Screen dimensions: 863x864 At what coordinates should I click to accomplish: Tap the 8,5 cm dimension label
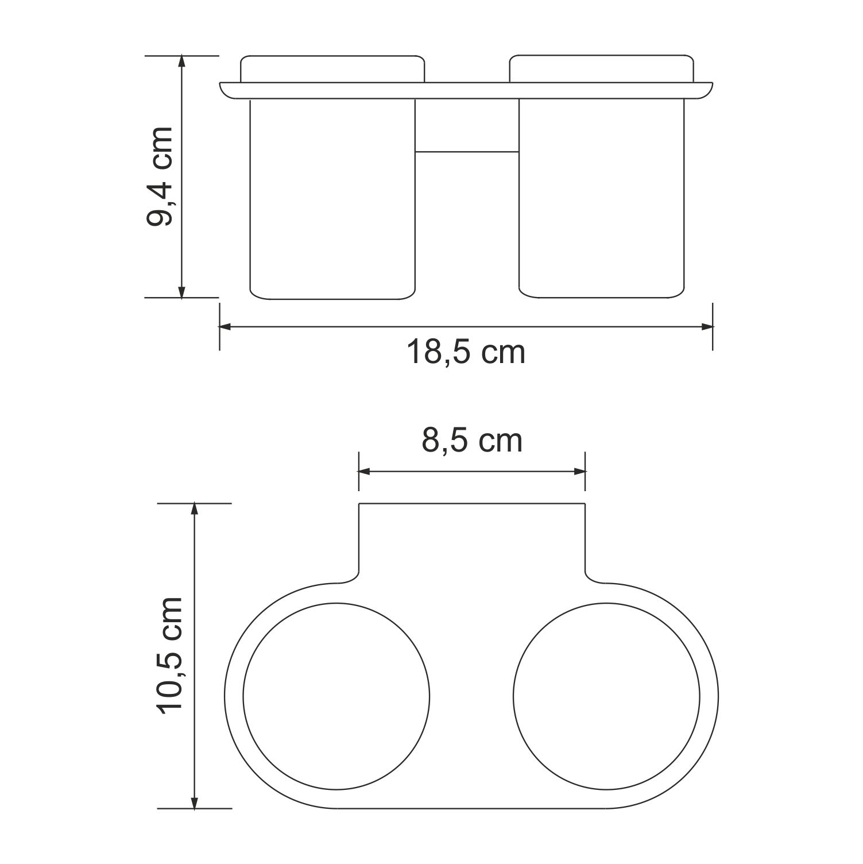(472, 441)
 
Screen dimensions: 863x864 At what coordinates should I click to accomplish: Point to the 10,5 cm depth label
(170, 655)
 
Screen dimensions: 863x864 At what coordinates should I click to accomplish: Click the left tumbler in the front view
(333, 199)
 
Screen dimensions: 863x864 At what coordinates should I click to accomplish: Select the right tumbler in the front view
(602, 199)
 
